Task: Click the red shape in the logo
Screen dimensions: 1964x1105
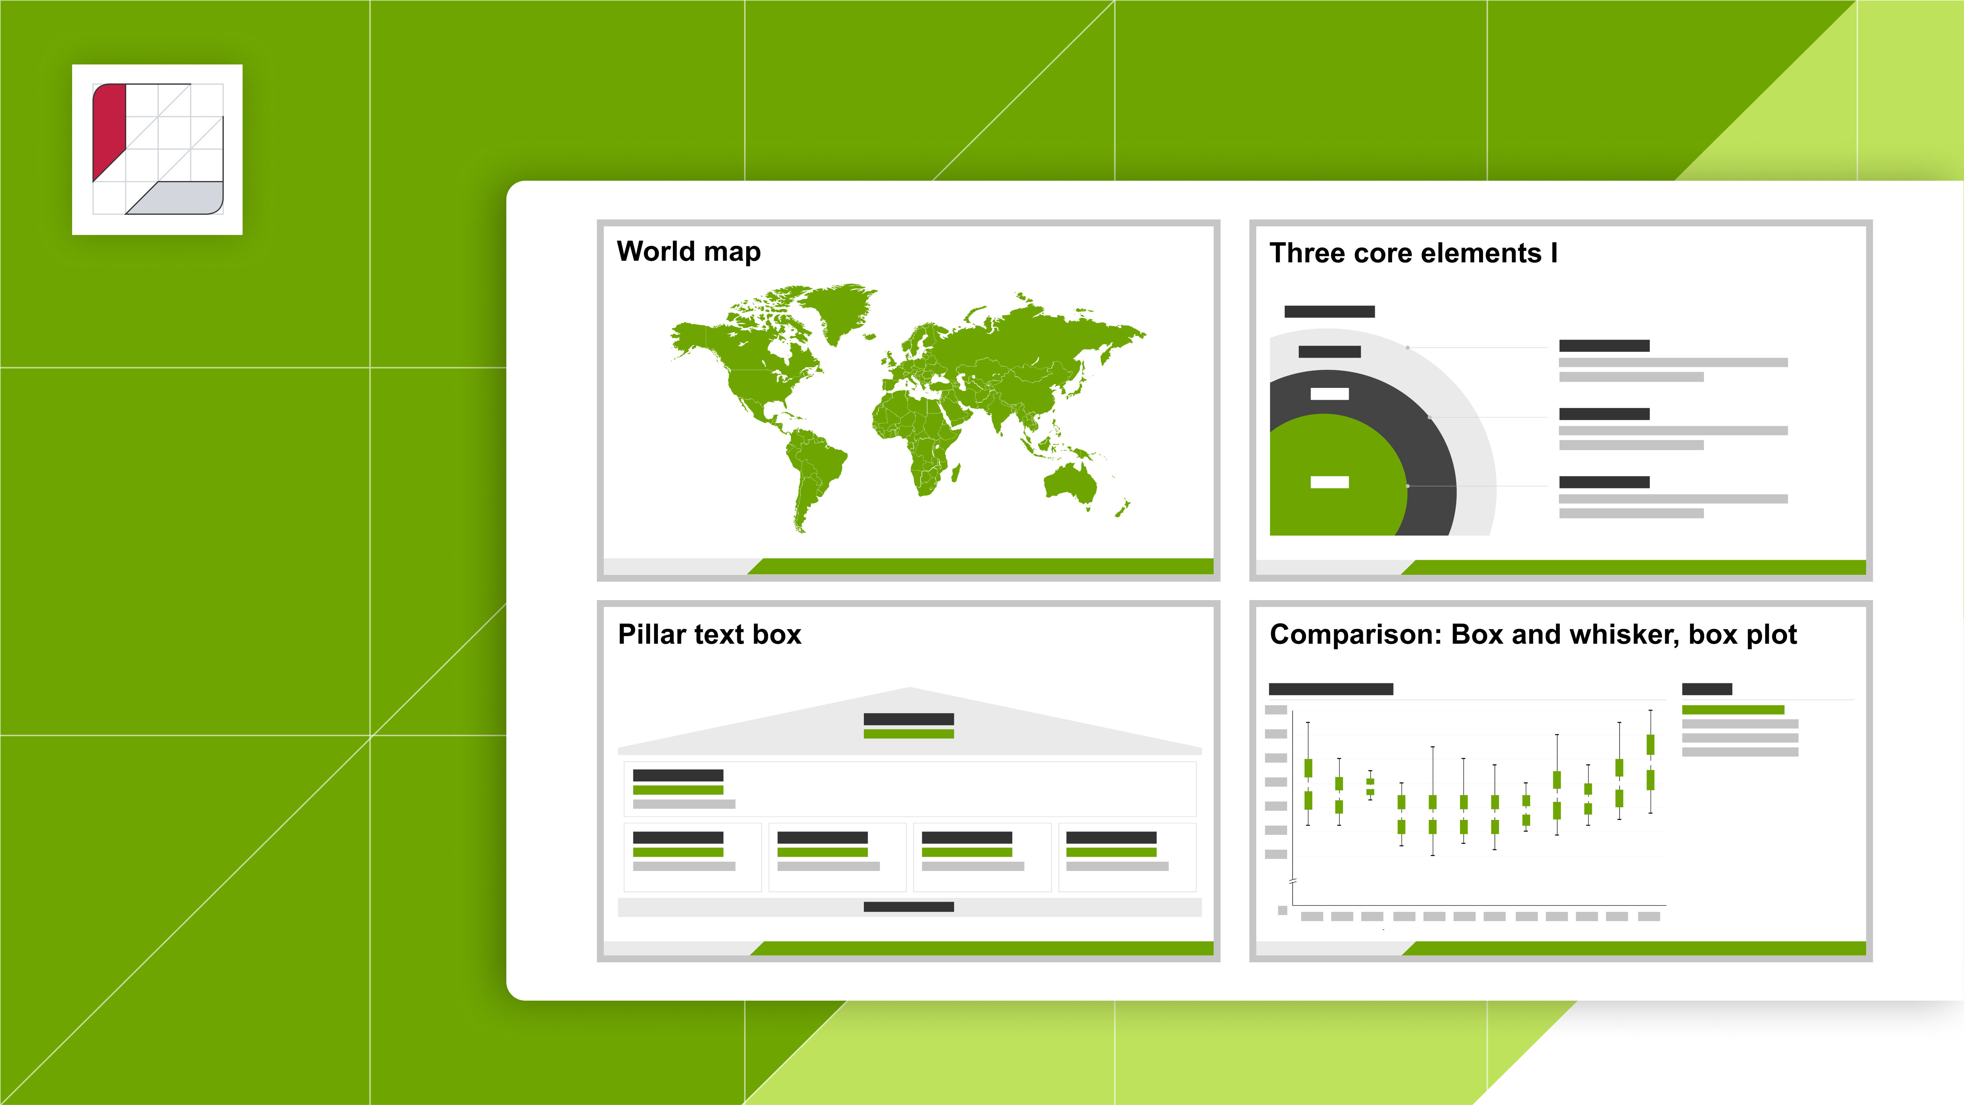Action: coord(107,126)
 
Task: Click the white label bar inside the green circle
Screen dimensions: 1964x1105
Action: coord(1330,482)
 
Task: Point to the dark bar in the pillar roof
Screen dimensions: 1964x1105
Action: coord(909,719)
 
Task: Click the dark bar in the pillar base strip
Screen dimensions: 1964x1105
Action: coord(909,907)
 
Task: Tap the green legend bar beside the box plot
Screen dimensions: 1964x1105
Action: coord(1733,710)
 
